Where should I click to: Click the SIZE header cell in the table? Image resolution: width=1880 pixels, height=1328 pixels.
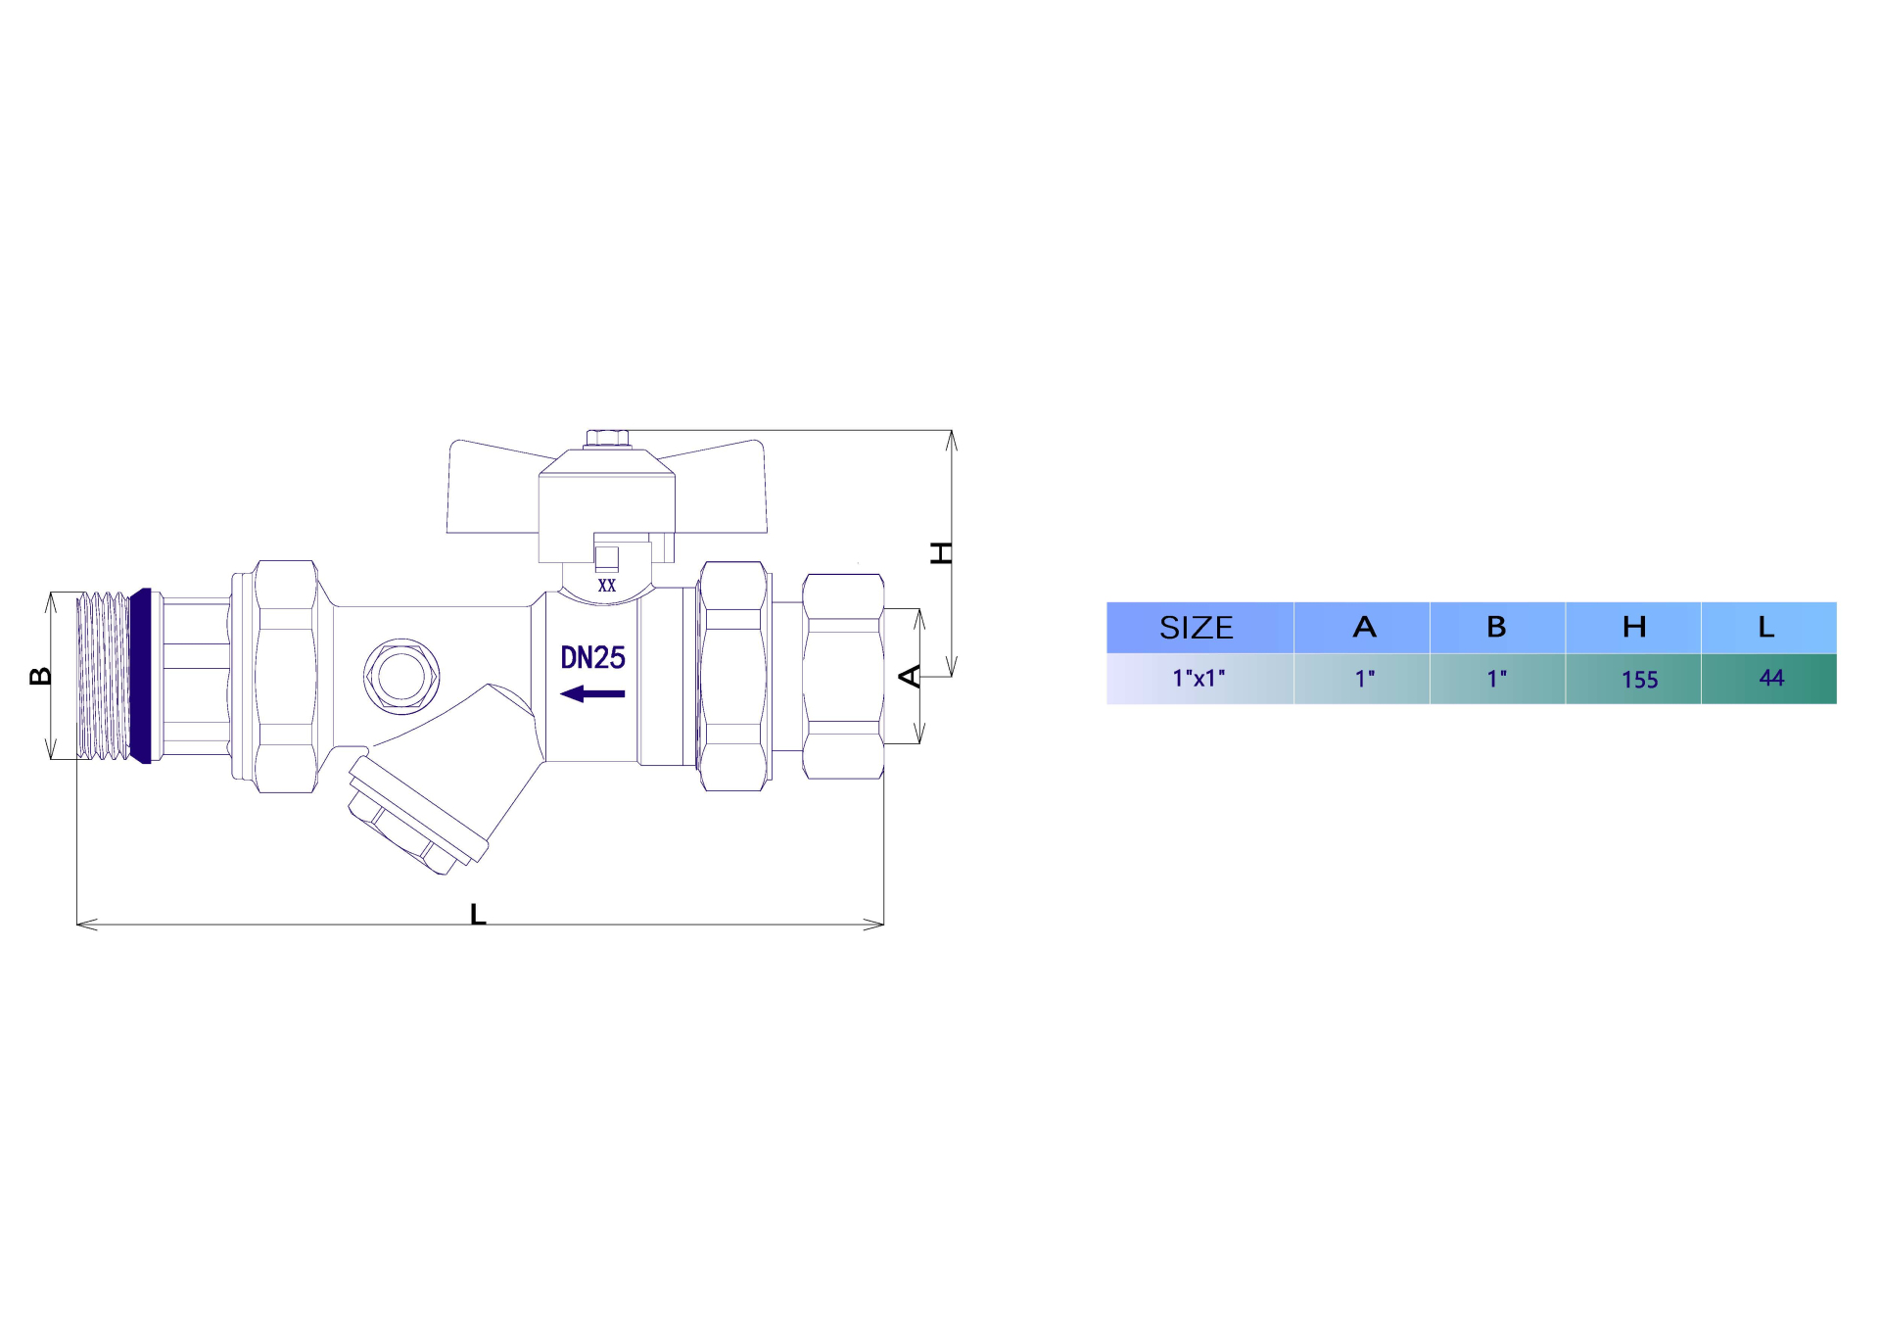1196,628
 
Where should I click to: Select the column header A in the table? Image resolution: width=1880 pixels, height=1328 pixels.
1364,628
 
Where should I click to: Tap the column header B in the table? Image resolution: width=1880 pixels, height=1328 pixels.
1496,628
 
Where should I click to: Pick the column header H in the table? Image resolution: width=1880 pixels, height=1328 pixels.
1633,628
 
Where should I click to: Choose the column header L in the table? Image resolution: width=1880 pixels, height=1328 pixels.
1765,628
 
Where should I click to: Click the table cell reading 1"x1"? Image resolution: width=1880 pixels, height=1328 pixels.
1198,678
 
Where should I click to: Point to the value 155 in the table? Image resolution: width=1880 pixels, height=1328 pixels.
1639,680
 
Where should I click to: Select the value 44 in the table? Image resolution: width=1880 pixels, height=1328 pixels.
1771,678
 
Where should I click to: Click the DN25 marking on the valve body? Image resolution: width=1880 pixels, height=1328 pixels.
592,658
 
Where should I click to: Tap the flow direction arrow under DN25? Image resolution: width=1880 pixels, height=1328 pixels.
592,694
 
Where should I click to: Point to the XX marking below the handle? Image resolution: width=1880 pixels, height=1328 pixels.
607,586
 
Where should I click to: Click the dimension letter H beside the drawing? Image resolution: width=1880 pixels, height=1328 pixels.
940,553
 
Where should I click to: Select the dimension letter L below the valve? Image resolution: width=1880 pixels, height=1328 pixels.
478,915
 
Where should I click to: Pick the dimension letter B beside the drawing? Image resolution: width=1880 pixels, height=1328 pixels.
40,676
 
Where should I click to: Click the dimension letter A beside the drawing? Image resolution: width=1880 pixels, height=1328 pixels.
910,676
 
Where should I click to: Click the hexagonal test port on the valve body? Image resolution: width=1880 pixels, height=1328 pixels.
400,676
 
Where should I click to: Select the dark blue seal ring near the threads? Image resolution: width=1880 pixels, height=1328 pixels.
142,676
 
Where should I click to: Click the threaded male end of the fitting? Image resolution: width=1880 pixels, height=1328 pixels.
103,676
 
